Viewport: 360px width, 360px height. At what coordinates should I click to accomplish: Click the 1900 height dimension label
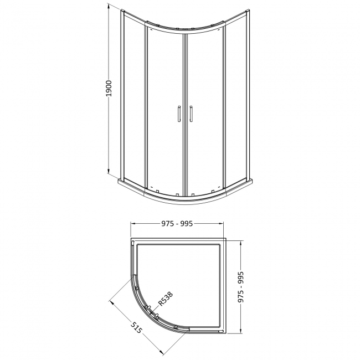click(109, 90)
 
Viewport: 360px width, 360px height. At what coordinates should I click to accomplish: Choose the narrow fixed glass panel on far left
click(133, 100)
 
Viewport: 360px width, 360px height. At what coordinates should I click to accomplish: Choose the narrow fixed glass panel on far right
click(237, 100)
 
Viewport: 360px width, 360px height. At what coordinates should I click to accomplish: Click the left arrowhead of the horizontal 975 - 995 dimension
click(132, 224)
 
